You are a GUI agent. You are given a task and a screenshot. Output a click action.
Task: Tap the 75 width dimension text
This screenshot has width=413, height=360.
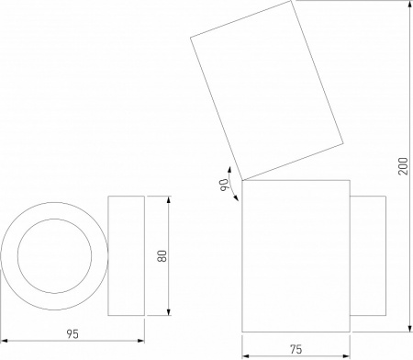(296, 349)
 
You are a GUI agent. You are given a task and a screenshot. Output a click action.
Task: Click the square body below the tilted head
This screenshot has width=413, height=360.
(296, 254)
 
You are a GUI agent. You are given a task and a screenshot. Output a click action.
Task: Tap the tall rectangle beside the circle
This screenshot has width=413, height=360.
(127, 256)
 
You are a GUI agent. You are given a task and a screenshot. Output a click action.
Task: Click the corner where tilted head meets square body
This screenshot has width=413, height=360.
(241, 179)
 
